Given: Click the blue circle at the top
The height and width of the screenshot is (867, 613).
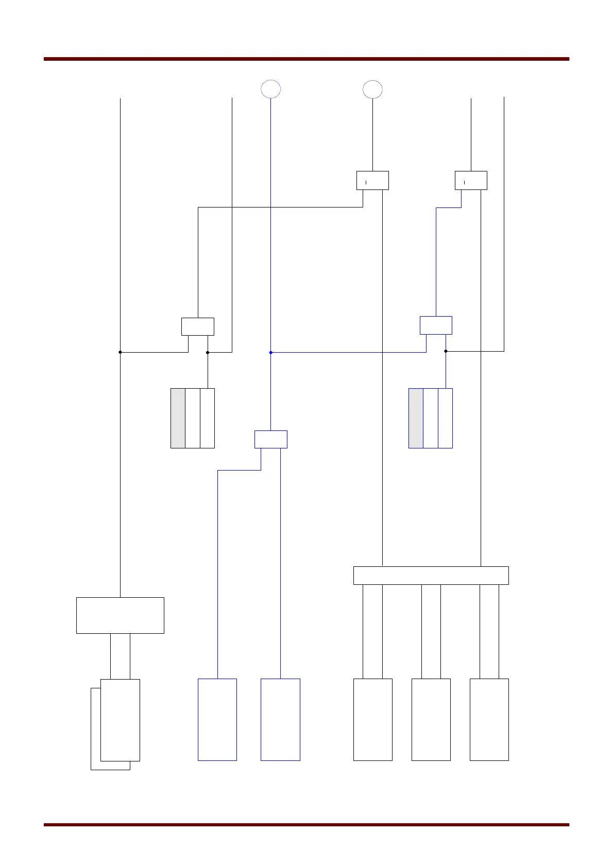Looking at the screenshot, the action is pos(270,89).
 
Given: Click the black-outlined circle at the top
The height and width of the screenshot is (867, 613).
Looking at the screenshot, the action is pos(372,89).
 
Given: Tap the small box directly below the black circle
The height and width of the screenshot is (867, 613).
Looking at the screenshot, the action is pos(372,180).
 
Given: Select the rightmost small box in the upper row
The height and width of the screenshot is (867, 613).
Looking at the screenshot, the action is pos(471,180).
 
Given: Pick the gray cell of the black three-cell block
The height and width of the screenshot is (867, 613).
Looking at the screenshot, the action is pos(178,418).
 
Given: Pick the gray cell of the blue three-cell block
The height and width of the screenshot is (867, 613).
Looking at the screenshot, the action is pos(416,418).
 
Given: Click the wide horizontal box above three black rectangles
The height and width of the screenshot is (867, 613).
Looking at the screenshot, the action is pos(431,575).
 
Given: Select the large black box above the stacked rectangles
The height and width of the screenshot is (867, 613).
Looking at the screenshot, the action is pos(120,615).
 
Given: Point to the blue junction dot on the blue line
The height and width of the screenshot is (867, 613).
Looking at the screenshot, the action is pos(270,353).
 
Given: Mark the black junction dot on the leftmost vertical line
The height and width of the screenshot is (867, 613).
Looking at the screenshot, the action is pos(120,352).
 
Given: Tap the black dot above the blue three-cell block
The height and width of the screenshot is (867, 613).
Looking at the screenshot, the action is pos(446,351).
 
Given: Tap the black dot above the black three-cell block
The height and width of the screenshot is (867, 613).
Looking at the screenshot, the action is pos(208,352).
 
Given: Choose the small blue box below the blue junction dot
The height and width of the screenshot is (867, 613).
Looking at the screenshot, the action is pos(270,439).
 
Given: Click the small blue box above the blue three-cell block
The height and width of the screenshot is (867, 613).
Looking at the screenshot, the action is pos(436,325).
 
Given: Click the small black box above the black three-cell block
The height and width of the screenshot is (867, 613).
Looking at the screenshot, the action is pos(198,326).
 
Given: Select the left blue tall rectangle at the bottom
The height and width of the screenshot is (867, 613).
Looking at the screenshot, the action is pos(217,719).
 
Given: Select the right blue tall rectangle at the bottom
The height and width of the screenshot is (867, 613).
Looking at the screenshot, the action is pos(280,719).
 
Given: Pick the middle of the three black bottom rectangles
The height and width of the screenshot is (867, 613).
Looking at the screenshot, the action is pos(431,719).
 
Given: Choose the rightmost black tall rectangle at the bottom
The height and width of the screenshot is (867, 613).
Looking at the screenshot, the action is pos(489,719).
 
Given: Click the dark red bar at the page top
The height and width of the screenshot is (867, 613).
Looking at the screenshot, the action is pos(306,59).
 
